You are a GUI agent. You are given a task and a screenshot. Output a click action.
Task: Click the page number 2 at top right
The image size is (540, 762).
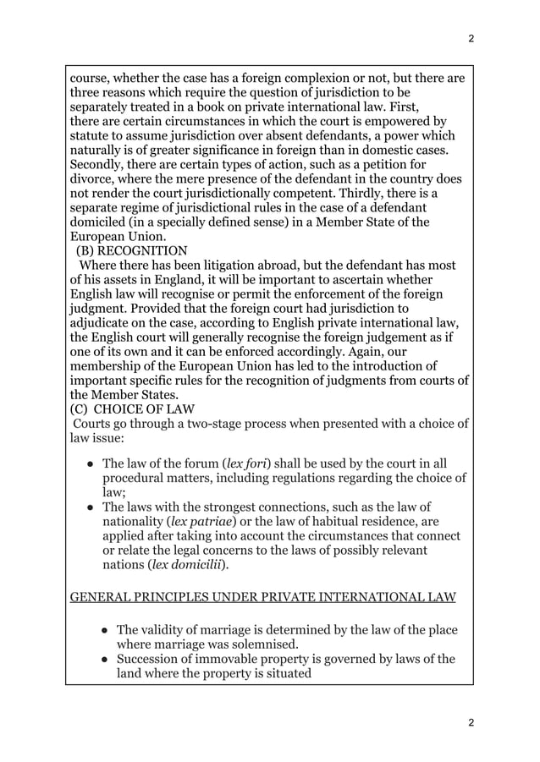(x=471, y=39)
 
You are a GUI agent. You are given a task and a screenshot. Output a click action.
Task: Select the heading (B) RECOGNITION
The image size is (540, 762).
(x=132, y=250)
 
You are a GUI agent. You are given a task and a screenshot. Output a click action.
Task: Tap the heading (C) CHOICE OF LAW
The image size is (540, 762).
(x=132, y=409)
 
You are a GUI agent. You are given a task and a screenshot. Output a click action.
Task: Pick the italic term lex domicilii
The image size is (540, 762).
(x=190, y=565)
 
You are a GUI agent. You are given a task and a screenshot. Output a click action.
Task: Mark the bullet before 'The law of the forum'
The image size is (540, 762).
(x=89, y=464)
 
